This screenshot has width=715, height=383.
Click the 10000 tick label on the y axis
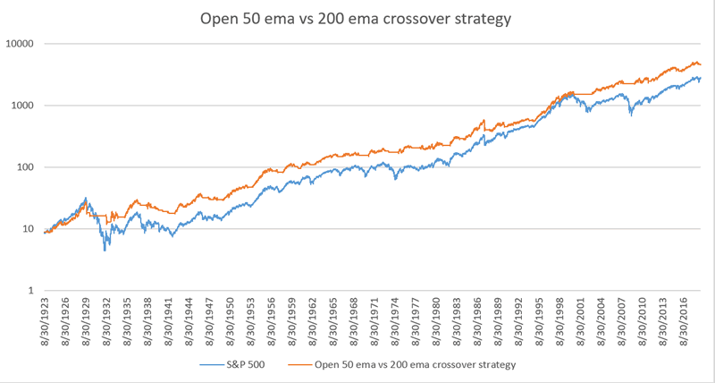20,44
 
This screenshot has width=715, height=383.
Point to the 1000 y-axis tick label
22,106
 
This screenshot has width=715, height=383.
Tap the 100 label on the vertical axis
25,167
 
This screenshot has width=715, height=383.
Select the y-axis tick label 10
28,229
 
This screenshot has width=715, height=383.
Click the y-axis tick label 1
30,291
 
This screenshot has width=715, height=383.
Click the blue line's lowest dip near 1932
105,250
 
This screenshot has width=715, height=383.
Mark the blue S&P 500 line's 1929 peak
86,199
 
